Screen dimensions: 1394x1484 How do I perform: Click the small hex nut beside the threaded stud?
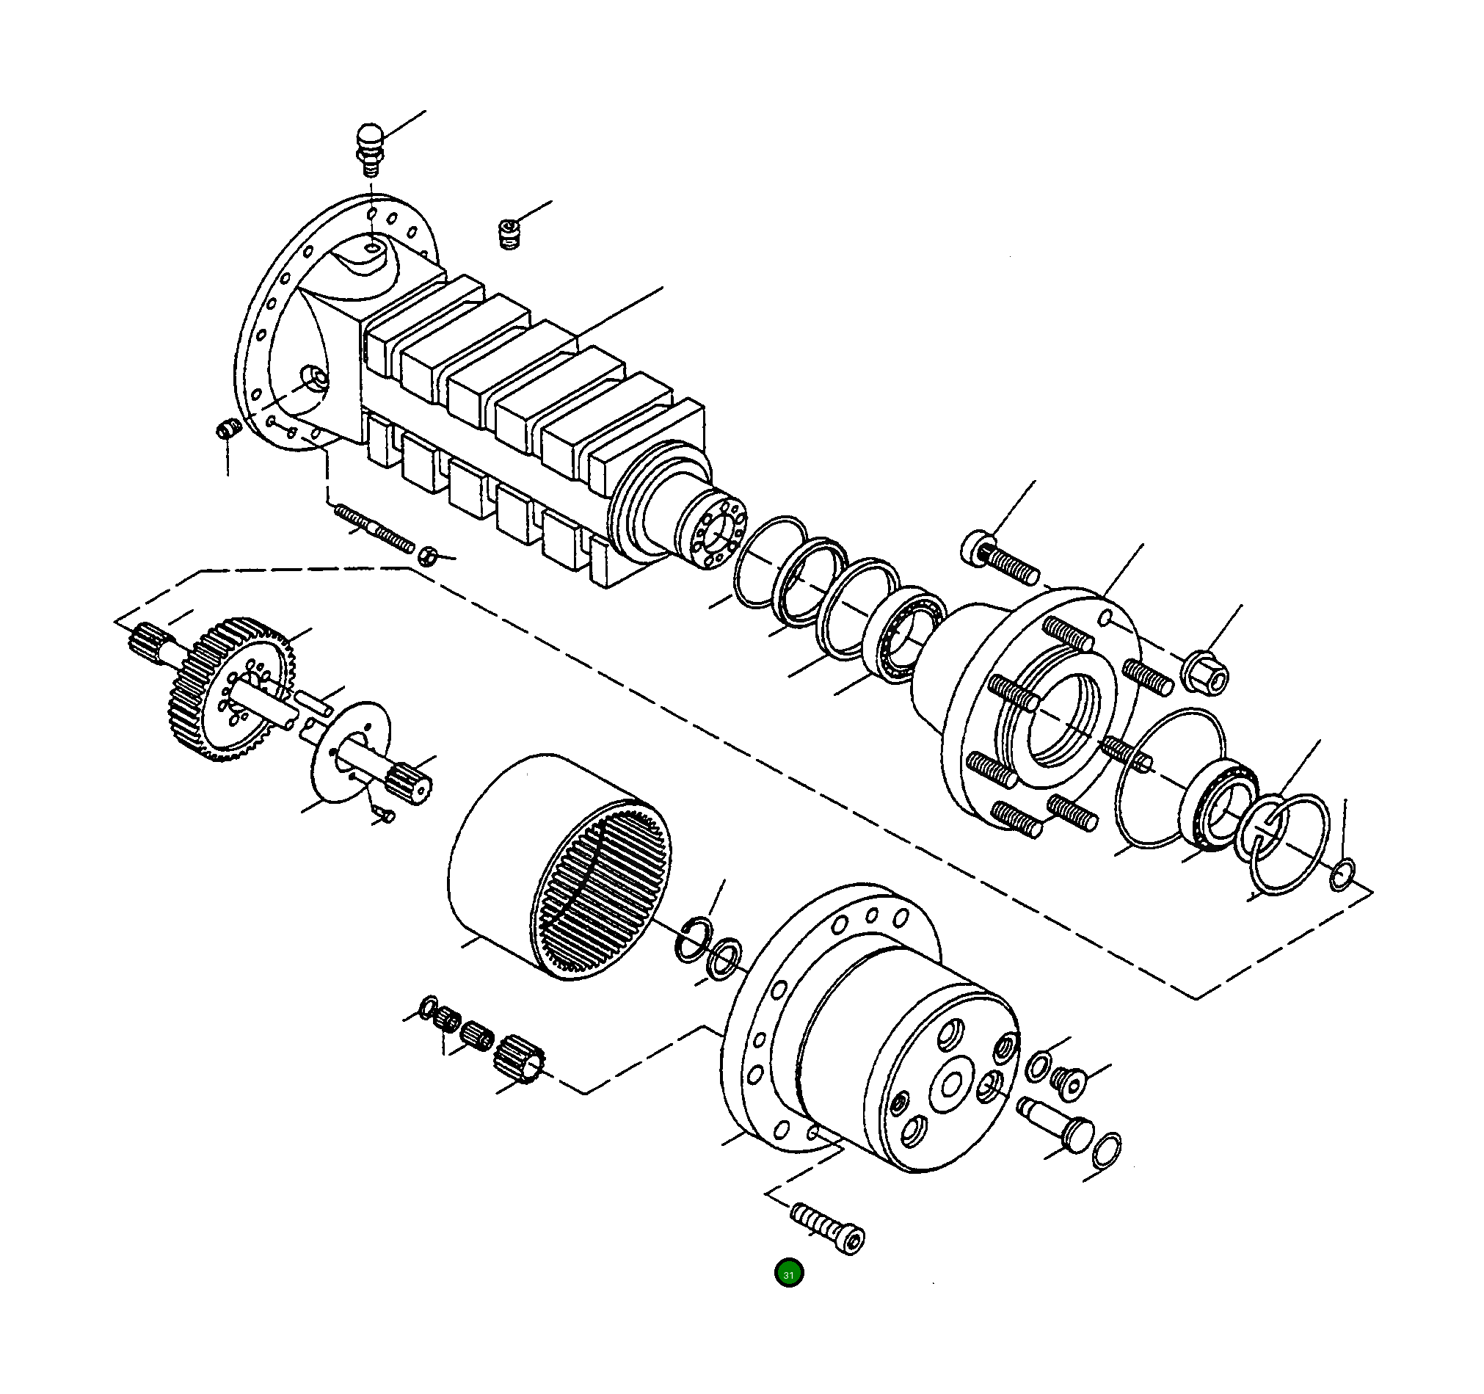[427, 556]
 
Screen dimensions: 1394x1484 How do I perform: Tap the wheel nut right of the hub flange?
[1205, 672]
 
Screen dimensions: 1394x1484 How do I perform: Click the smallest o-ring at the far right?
[1342, 875]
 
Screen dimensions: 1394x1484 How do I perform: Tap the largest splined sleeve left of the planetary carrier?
[520, 1058]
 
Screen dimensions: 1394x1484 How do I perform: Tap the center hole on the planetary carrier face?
[953, 1083]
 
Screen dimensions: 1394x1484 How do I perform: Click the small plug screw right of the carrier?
[1065, 1079]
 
